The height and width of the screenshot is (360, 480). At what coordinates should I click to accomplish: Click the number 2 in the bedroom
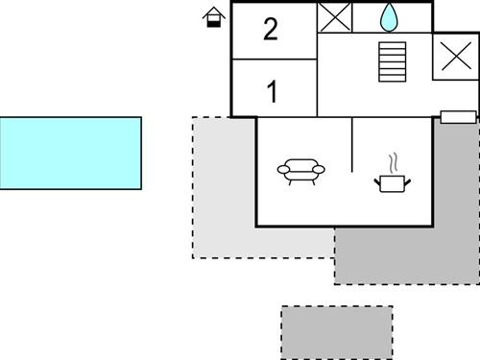[x=271, y=30]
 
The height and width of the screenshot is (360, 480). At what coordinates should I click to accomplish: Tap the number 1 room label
[x=272, y=93]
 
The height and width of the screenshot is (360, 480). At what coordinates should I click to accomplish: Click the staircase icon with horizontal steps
[x=393, y=62]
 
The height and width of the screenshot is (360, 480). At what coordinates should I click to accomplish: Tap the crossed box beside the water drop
[x=335, y=17]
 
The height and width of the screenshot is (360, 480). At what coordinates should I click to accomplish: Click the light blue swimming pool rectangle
[x=70, y=153]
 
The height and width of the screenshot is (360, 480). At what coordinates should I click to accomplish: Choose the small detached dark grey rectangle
[x=337, y=332]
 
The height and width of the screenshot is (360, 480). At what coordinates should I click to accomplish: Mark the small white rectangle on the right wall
[x=458, y=117]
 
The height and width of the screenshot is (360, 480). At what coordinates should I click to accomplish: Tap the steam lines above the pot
[x=390, y=160]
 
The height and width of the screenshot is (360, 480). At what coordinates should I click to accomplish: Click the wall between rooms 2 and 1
[x=274, y=60]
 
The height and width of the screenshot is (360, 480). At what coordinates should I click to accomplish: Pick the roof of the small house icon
[x=213, y=12]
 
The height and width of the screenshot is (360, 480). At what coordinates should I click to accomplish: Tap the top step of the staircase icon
[x=393, y=44]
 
